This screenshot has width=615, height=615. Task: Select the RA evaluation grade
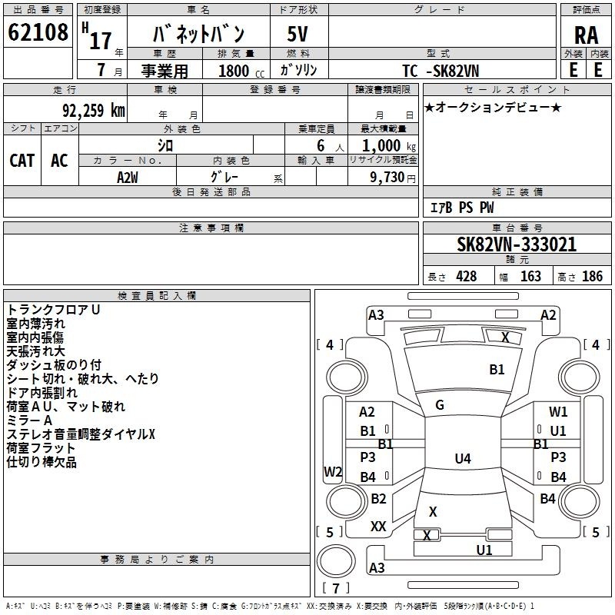[x=586, y=35]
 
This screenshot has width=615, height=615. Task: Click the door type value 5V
[x=299, y=34]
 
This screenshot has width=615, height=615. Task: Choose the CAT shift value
[x=22, y=160]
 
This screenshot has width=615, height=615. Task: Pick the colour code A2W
[x=127, y=176]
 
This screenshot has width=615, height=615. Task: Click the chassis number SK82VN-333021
[x=517, y=244]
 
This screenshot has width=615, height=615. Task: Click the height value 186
[x=592, y=277]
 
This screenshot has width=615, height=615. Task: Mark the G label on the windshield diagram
[x=440, y=405]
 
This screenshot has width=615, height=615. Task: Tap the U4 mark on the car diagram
[x=462, y=459]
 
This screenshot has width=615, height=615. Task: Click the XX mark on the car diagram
[x=378, y=526]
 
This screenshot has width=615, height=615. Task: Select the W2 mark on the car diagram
[x=333, y=471]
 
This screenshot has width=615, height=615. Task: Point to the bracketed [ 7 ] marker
[x=335, y=590]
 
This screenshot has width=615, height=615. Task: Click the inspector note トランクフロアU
[x=54, y=309]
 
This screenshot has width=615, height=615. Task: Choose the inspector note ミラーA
[x=29, y=421]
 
